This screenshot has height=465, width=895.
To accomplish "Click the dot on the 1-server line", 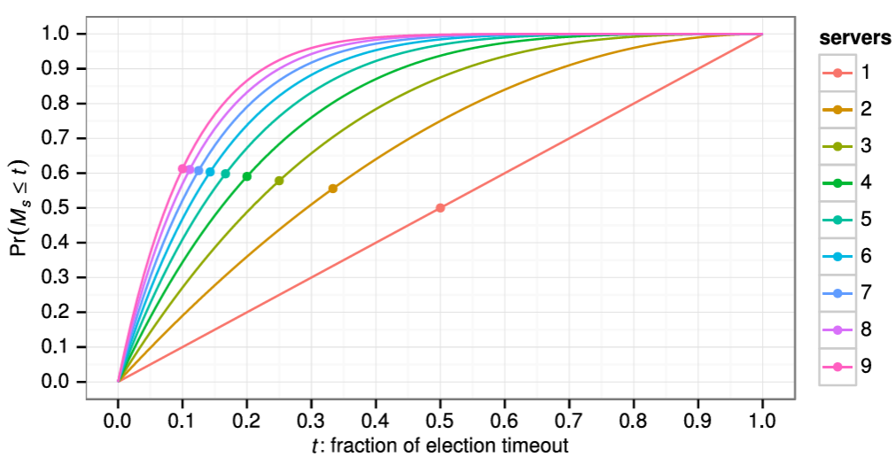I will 440,208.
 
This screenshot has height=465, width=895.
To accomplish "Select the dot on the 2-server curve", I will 333,189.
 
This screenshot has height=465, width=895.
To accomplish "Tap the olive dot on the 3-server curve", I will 279,181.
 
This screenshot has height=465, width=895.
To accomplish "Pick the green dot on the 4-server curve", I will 247,176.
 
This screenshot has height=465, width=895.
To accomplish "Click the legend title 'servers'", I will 854,38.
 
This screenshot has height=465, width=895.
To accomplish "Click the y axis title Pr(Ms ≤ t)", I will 19,208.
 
